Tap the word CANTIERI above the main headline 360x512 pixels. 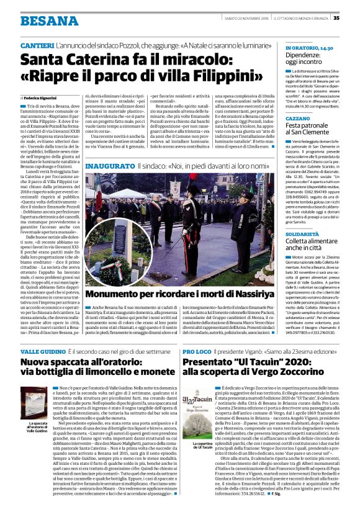pyautogui.click(x=37, y=47)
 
